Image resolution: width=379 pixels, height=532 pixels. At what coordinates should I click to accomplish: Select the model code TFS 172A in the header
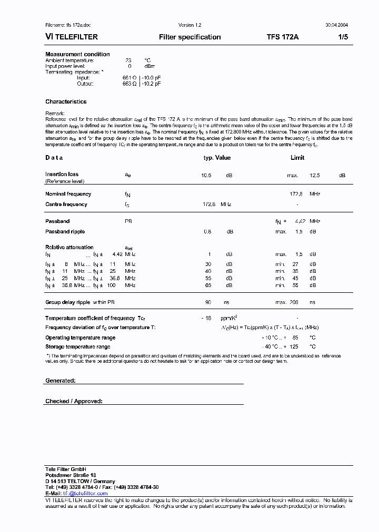click(x=283, y=37)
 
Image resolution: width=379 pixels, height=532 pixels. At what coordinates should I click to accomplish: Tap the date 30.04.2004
click(x=335, y=25)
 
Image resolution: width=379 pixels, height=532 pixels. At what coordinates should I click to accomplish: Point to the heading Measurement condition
click(x=77, y=54)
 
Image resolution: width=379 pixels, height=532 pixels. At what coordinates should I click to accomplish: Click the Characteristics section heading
click(x=66, y=101)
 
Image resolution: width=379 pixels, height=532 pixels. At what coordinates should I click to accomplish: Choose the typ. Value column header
click(x=217, y=158)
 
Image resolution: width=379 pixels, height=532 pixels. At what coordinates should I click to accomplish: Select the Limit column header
click(x=297, y=158)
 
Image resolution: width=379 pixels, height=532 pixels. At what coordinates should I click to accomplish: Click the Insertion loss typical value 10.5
click(x=206, y=175)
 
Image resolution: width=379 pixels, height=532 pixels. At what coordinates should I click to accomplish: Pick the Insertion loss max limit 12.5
click(x=314, y=175)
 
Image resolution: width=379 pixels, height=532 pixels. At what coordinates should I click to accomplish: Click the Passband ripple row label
click(x=65, y=231)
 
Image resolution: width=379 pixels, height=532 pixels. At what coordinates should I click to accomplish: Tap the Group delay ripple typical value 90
click(x=208, y=302)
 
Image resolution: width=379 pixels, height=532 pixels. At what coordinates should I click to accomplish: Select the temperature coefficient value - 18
click(x=206, y=318)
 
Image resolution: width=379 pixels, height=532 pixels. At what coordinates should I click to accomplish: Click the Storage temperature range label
click(x=77, y=347)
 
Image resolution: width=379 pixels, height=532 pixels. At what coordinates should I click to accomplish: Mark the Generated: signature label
click(x=61, y=380)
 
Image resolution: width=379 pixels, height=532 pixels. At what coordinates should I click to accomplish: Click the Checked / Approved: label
click(x=74, y=401)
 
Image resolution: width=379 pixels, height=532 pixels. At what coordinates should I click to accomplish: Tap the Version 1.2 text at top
click(x=190, y=25)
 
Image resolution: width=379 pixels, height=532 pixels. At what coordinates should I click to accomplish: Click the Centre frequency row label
click(x=66, y=204)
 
